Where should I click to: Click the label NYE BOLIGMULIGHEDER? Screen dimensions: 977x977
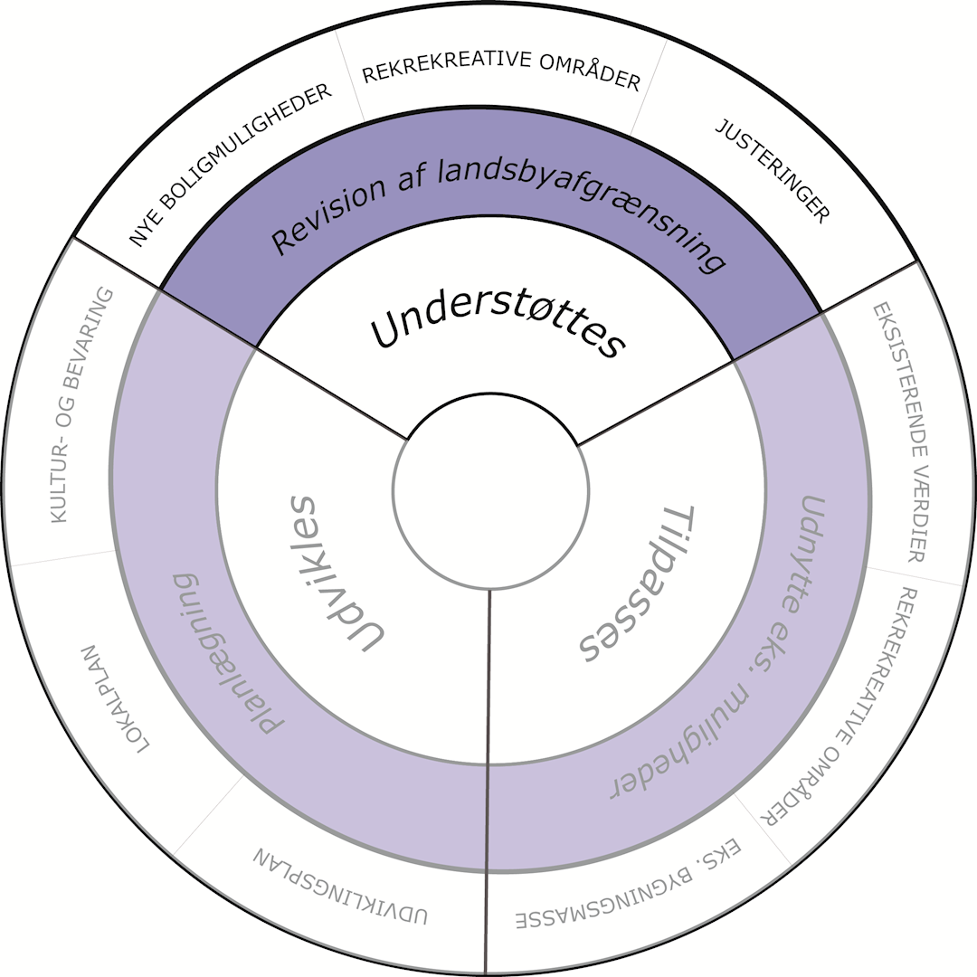point(231,166)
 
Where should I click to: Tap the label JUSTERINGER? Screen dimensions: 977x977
point(773,171)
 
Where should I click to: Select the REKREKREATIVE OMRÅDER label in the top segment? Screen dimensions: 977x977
point(501,77)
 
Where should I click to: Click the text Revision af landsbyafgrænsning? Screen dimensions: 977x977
point(498,203)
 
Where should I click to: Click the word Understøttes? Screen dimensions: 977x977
point(498,329)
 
